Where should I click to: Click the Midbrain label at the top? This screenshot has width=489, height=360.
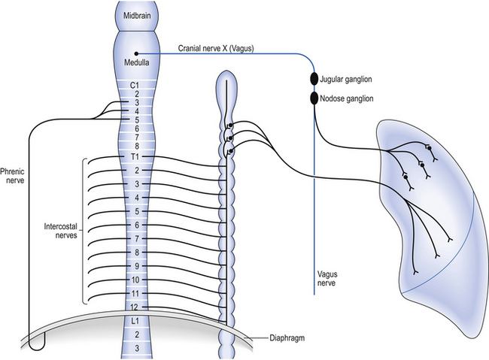tap(136, 17)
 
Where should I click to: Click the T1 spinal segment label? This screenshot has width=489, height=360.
tap(136, 157)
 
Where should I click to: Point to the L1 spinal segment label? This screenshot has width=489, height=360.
tap(136, 322)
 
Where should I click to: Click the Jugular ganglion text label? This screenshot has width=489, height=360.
tap(346, 78)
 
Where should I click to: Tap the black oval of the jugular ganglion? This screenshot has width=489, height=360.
tap(314, 78)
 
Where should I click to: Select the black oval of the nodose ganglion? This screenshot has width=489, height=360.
tap(314, 98)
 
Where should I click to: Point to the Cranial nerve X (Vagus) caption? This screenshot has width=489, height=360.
tap(216, 48)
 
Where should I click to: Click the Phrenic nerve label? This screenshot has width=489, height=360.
tap(14, 175)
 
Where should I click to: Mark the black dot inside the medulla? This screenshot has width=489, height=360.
tap(136, 52)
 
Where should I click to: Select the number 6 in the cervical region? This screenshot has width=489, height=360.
tap(136, 128)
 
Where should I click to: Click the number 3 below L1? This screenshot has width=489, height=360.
tap(136, 348)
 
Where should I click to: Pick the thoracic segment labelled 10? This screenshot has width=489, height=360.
tap(136, 279)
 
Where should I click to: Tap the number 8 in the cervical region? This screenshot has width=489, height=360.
tap(136, 146)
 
